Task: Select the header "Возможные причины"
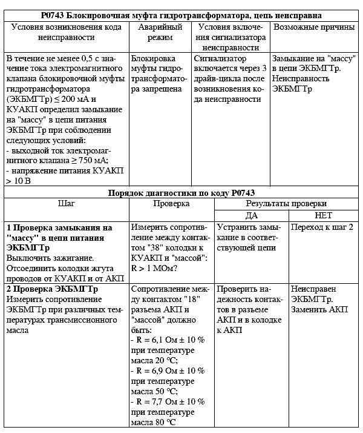313,27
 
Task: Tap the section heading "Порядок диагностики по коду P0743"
182,192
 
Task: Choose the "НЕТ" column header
324,215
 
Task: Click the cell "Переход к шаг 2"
322,227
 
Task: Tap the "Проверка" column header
172,204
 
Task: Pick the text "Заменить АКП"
319,309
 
